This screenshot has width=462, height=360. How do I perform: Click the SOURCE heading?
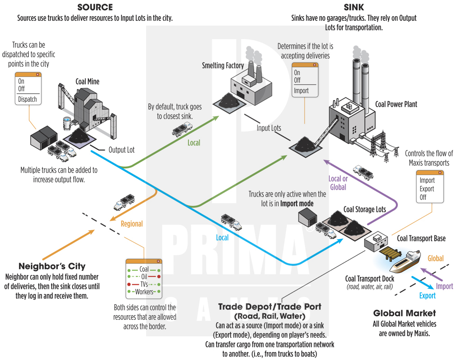tap(95, 7)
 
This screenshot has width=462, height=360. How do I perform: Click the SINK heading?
tap(353, 7)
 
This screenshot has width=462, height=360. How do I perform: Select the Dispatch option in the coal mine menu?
tap(27, 99)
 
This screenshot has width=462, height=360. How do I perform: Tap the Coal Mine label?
tap(87, 82)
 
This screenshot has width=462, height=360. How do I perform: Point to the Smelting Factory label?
tap(223, 66)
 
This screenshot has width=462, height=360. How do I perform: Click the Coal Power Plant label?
tap(396, 104)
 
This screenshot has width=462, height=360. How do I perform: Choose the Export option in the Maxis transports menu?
tap(427, 189)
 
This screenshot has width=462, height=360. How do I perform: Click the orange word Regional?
tap(132, 224)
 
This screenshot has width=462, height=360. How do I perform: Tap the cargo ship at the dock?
tap(405, 261)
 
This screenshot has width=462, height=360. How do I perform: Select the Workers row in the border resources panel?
tap(144, 292)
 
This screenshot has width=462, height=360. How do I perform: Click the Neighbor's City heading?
tap(52, 266)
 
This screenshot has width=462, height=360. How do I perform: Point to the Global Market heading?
tap(404, 313)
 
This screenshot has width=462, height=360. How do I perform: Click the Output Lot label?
tap(122, 150)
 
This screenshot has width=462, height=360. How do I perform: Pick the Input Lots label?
tap(269, 128)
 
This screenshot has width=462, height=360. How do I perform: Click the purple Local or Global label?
tap(338, 183)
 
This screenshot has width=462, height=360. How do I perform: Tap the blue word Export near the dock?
tap(427, 295)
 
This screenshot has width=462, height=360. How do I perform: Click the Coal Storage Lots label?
tap(365, 209)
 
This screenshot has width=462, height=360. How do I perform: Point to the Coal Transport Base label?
tap(421, 239)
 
